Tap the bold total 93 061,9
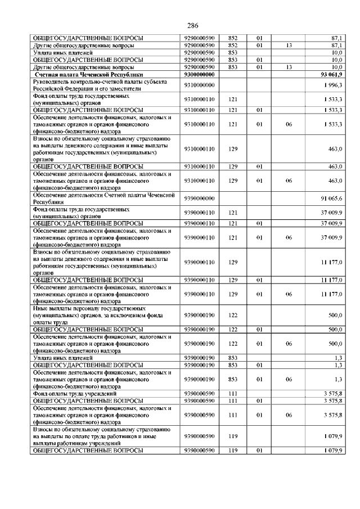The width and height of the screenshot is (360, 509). click(x=331, y=74)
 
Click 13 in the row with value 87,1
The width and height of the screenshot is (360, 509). click(x=288, y=45)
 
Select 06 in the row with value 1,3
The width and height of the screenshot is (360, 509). click(x=288, y=380)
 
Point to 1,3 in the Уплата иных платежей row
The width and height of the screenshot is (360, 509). click(x=337, y=358)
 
